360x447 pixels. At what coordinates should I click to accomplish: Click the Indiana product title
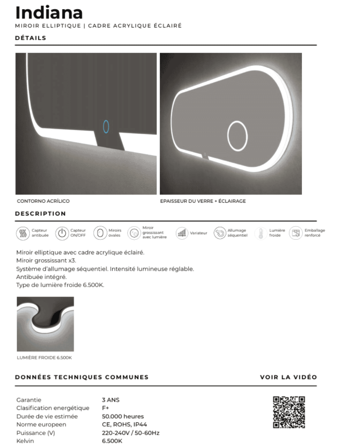click(49, 12)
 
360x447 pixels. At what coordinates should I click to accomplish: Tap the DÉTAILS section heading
click(30, 38)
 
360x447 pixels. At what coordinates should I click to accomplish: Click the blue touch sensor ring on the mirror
click(106, 126)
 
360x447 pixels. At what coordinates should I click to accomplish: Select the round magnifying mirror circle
click(238, 136)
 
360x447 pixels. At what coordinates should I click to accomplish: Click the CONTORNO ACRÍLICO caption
click(43, 201)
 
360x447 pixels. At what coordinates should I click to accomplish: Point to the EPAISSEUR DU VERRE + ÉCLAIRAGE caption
click(203, 201)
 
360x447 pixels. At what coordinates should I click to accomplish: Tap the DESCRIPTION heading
click(40, 213)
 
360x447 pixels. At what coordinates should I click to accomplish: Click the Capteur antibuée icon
click(23, 233)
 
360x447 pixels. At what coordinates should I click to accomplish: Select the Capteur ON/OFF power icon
click(62, 233)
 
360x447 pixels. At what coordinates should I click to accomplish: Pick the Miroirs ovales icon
click(100, 233)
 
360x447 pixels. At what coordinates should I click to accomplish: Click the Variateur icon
click(182, 233)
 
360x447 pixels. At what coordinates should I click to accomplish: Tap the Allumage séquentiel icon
click(220, 233)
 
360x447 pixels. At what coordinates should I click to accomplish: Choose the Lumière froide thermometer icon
click(261, 233)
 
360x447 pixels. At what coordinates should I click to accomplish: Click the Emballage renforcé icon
click(296, 233)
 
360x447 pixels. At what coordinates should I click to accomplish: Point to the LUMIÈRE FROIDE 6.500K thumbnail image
click(45, 324)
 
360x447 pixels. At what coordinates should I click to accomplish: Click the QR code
click(289, 412)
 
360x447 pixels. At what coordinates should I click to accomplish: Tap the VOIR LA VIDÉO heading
click(288, 377)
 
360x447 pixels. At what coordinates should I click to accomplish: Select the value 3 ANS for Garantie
click(111, 400)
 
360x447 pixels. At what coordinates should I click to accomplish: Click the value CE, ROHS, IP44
click(124, 424)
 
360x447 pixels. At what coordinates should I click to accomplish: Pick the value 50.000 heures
click(123, 416)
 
